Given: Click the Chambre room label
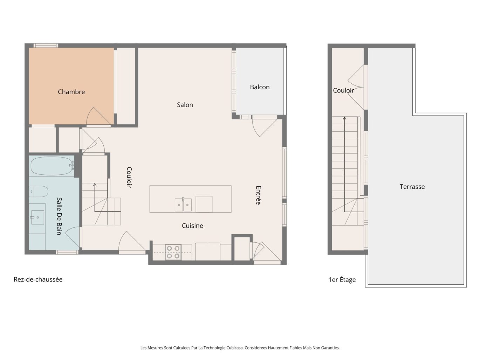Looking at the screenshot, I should (71, 92).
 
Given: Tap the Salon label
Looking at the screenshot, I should (185, 105).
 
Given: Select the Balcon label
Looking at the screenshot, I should (260, 87).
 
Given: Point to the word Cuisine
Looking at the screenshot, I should (192, 226).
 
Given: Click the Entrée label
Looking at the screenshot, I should (258, 195).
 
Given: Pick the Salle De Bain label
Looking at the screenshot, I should (59, 216).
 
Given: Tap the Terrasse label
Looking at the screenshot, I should (412, 187).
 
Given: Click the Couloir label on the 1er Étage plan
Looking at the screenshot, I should (343, 90).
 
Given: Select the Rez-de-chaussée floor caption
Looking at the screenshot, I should (38, 279).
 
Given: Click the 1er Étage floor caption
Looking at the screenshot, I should (342, 279).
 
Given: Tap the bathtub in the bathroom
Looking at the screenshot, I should (52, 166).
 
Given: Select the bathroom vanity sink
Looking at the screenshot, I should (37, 217).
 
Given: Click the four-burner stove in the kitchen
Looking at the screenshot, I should (173, 252).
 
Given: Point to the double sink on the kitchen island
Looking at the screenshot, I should (183, 205).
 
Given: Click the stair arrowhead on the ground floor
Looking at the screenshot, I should (94, 184).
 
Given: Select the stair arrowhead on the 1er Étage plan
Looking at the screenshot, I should (344, 118).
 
